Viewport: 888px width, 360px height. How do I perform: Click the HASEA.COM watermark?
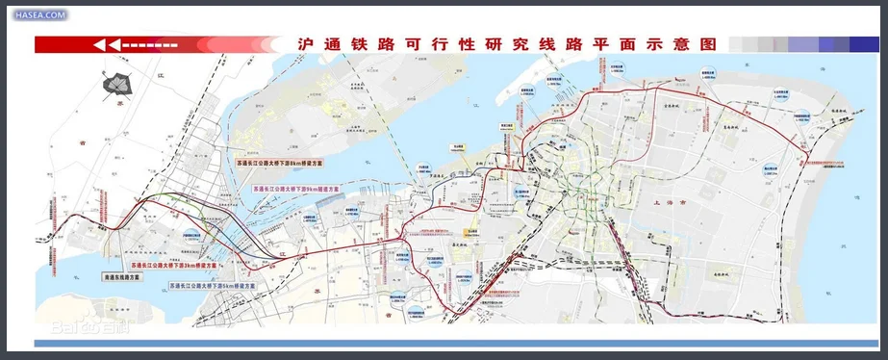click(39, 15)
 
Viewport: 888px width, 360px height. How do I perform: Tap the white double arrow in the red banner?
click(106, 44)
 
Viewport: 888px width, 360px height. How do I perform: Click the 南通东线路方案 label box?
click(121, 276)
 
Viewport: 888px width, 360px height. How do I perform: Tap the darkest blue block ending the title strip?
click(863, 44)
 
